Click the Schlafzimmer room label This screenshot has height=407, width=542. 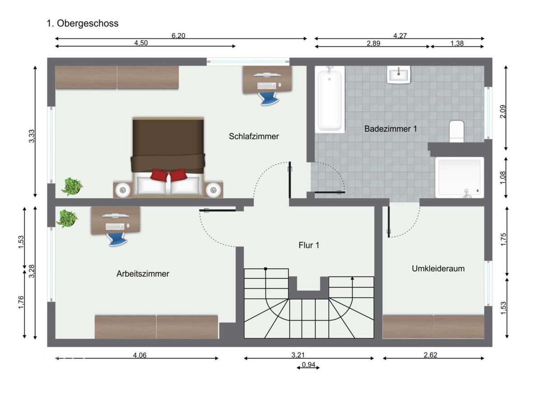253,136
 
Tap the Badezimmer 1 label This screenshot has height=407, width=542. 390,129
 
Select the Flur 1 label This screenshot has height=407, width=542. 308,245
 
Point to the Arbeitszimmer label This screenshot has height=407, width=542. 143,274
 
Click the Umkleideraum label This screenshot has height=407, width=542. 438,268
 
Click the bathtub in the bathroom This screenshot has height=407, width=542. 330,99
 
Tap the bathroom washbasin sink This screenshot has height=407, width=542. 398,75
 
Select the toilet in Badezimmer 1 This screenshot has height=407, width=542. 456,131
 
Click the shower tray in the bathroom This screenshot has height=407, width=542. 459,177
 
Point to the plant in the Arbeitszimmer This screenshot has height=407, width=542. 67,218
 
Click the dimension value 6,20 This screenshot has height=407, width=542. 178,36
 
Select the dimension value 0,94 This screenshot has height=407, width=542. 308,364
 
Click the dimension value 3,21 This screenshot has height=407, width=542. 298,355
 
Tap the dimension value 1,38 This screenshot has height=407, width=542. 457,43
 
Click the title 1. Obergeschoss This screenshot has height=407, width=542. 83,23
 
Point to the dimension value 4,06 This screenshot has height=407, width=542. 140,355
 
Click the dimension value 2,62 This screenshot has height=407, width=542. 430,355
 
